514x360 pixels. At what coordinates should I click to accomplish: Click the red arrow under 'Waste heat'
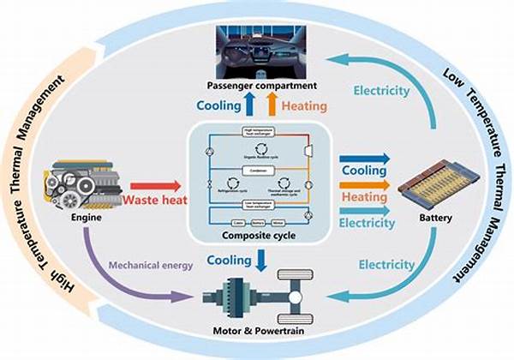point(154,185)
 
